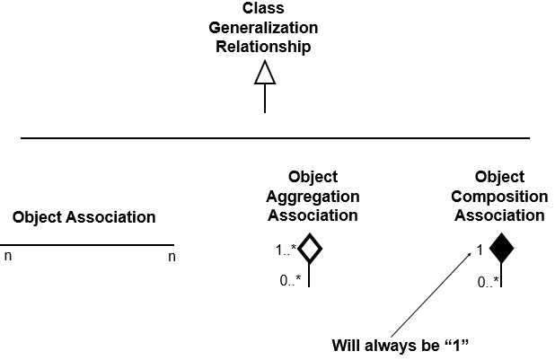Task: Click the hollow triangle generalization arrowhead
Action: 264,73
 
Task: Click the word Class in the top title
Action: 263,9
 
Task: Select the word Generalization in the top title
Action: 263,28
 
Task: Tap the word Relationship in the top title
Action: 263,46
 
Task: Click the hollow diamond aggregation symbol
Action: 309,249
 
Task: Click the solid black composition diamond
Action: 500,249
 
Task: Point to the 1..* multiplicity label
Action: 286,250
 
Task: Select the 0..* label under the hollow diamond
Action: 290,280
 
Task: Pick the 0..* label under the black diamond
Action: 488,282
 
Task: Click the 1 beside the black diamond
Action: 480,250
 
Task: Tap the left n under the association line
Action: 8,257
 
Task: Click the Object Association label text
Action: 84,217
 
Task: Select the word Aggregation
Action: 312,197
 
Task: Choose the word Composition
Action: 499,197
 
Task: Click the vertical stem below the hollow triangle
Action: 264,99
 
